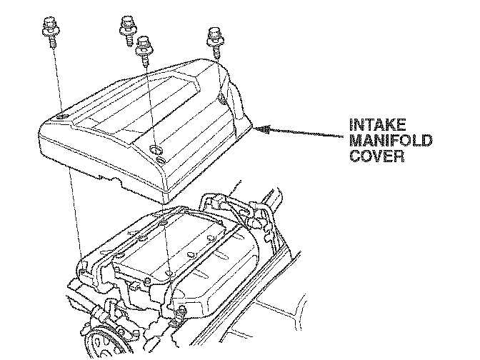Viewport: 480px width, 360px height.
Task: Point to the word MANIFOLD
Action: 390,141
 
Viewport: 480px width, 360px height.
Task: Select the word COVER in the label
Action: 377,156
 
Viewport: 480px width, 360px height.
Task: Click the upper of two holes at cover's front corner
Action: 156,151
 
